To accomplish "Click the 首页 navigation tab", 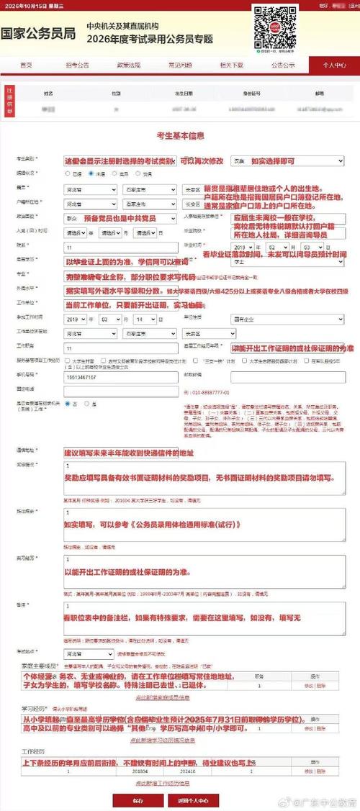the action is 26,65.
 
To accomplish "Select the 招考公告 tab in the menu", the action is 77,65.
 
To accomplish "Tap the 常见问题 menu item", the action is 180,65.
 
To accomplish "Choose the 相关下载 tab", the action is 231,65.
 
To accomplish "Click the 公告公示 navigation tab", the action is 282,65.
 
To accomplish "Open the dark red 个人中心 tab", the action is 334,65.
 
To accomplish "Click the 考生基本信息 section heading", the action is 180,135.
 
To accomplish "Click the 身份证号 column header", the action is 251,94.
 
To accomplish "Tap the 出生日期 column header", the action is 183,94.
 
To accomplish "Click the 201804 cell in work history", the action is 145,770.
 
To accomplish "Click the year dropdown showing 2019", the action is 76,317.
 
